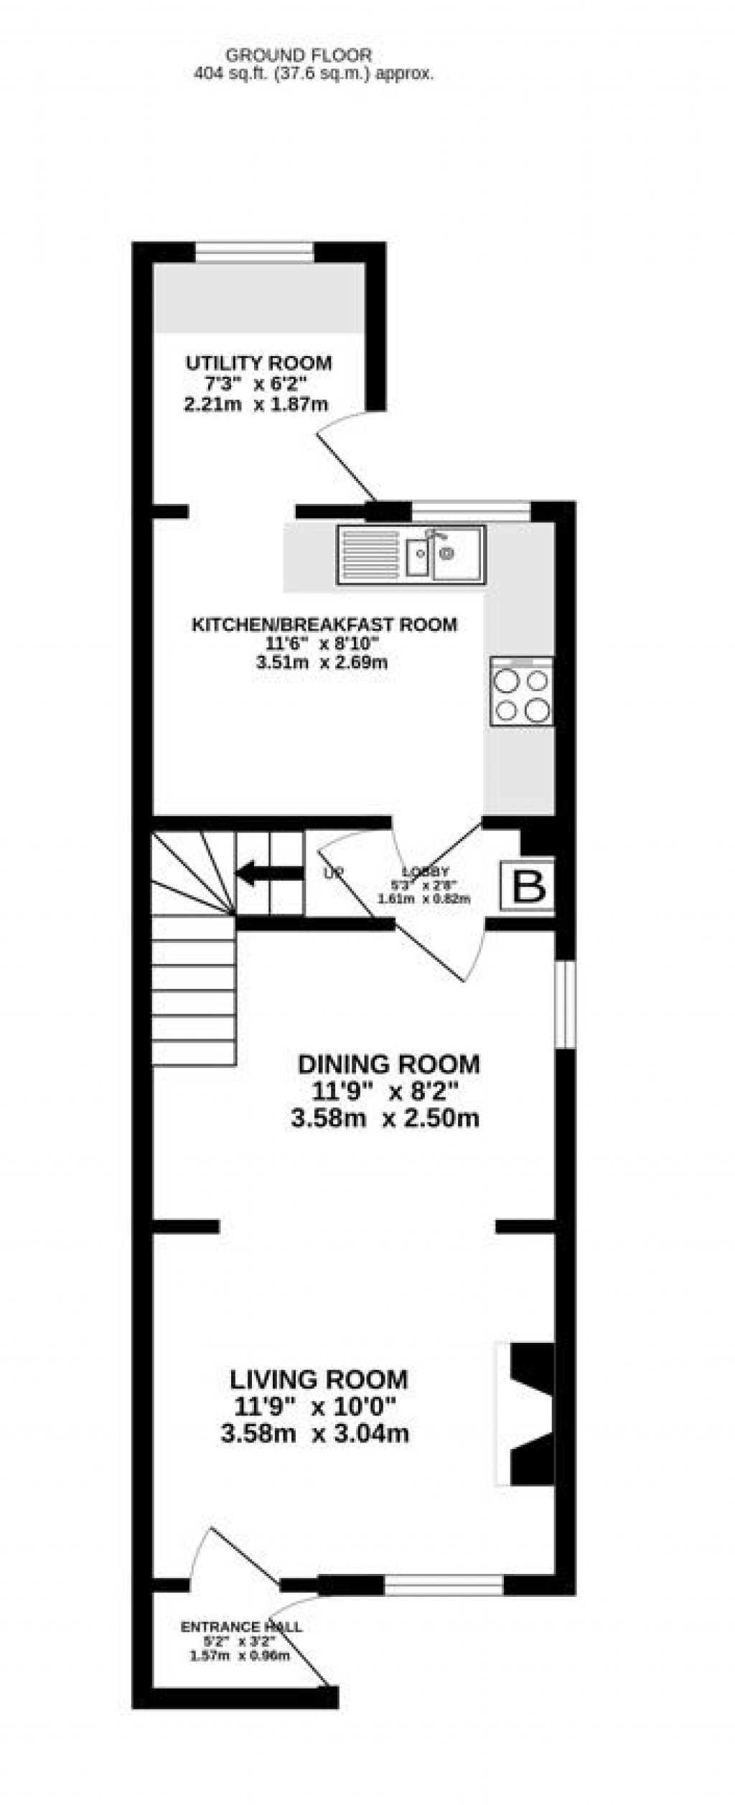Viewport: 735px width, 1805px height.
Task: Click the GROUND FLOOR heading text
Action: click(299, 55)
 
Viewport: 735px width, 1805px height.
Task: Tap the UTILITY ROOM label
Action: click(258, 362)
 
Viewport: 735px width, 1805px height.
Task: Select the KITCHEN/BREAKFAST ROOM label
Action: click(324, 624)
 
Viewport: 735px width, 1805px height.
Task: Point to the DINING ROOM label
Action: click(388, 1063)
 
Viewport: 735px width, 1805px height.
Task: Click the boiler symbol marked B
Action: click(528, 886)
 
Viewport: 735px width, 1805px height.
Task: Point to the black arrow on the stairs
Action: click(269, 873)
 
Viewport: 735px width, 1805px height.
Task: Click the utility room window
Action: click(255, 252)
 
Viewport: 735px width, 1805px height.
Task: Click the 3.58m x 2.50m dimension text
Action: click(385, 1117)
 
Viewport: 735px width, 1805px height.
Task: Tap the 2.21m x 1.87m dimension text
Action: click(256, 404)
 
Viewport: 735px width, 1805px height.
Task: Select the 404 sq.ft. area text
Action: click(314, 73)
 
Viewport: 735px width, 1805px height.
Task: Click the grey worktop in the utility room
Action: click(258, 298)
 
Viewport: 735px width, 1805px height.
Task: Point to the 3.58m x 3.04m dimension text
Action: click(315, 1433)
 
